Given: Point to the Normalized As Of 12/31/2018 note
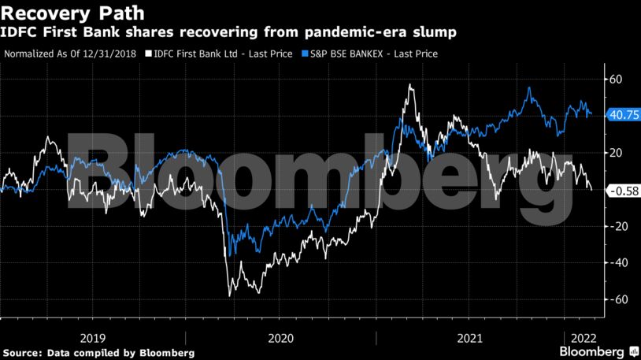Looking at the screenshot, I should (x=71, y=54).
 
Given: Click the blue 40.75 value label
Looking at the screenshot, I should (x=622, y=115).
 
